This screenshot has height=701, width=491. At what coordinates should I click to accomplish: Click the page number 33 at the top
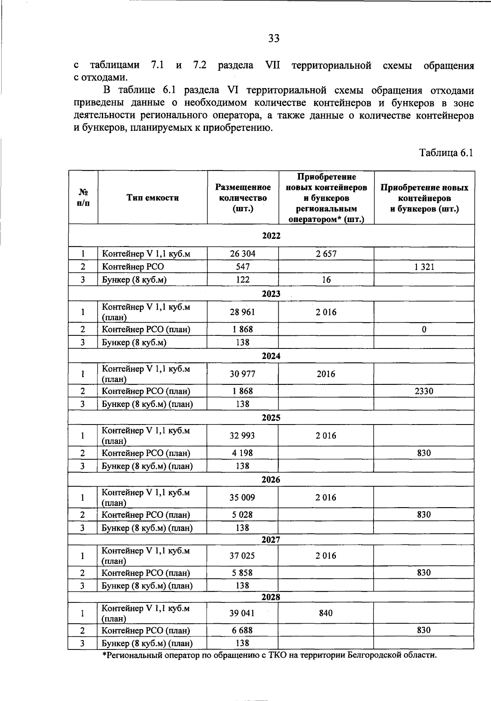pos(274,38)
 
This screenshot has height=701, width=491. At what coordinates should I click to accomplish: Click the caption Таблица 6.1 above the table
pos(446,153)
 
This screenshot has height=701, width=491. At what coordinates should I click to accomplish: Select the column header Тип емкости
pos(153,198)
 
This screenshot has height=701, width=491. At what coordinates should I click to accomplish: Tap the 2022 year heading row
pos(271,236)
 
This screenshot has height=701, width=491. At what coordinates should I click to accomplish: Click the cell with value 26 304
pos(243,254)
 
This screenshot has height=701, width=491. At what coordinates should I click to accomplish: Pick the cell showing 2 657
pos(326,254)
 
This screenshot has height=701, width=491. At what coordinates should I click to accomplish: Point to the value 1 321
pos(424,267)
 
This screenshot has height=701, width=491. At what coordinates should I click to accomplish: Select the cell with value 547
pos(243,267)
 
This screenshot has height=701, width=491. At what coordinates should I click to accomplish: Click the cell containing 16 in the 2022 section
pos(326,280)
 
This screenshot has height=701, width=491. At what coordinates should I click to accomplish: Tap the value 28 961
pos(243,312)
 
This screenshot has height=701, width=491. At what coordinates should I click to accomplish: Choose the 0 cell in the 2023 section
pos(424,329)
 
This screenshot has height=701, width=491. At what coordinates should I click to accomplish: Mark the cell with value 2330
pos(424,391)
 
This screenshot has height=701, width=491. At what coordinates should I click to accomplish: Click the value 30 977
pos(243,374)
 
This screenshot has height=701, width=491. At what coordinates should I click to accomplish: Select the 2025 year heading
pos(271,418)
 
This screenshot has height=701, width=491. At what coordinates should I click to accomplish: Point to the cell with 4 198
pos(243,453)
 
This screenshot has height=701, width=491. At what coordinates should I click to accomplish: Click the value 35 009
pos(242,497)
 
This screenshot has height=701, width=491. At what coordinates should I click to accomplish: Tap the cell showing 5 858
pos(243,573)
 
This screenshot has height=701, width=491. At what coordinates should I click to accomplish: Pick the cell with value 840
pos(326,613)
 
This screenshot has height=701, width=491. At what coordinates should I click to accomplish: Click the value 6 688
pos(243,630)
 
